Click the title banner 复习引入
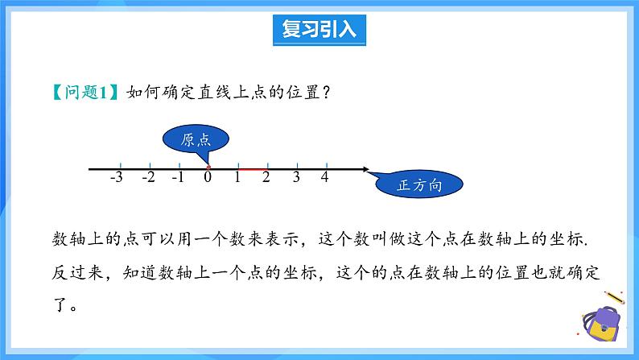tap(319, 30)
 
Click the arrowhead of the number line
tap(366, 169)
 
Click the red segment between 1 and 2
tap(251, 169)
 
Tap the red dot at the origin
tap(208, 168)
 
